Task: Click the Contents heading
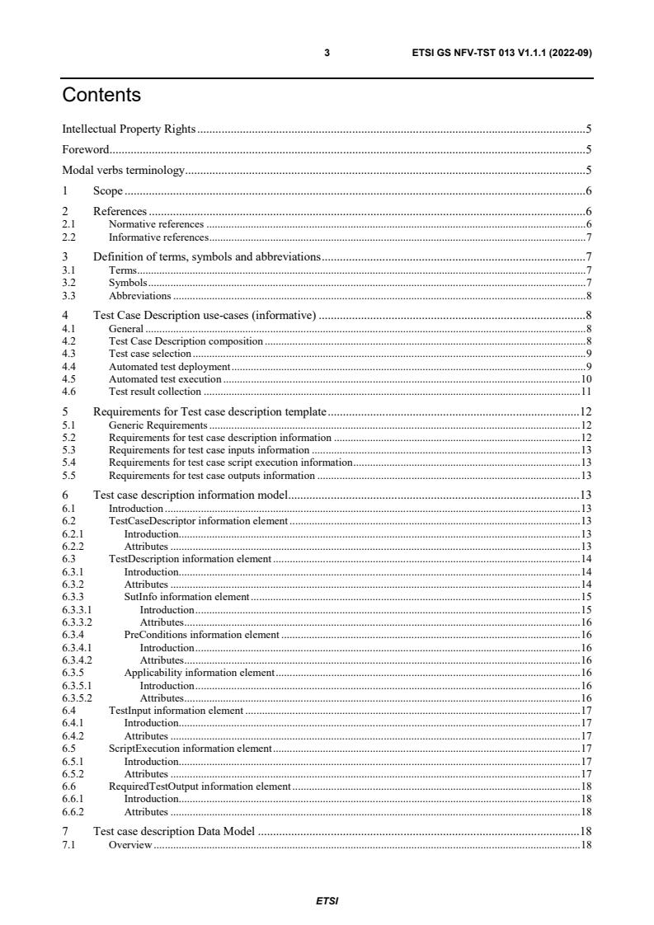(101, 96)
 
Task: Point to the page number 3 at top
(327, 53)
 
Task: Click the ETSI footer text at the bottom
(327, 900)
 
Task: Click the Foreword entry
(86, 150)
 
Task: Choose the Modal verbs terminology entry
(124, 171)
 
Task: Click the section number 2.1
(69, 224)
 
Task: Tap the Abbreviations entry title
(139, 295)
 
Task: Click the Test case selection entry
(150, 354)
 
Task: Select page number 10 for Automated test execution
(586, 379)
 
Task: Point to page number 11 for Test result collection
(586, 392)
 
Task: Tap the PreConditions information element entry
(201, 636)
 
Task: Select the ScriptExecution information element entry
(190, 749)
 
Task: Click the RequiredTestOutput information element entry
(200, 787)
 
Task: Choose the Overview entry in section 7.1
(130, 846)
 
